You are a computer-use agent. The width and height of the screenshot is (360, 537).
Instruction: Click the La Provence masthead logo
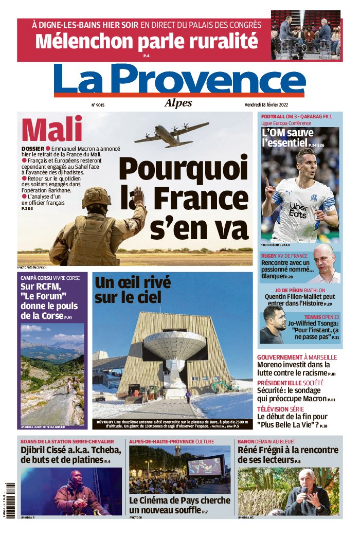179,80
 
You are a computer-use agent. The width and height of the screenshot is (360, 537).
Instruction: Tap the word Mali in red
52,129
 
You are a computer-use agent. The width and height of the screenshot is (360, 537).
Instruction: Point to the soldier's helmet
96,196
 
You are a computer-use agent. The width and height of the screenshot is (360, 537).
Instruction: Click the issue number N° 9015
98,105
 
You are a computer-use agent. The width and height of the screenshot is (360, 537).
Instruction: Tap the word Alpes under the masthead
178,103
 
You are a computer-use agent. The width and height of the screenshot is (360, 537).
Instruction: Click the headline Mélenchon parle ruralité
146,40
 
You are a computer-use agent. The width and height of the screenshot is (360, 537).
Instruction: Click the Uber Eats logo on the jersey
298,210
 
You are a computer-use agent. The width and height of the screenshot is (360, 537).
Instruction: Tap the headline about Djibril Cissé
71,454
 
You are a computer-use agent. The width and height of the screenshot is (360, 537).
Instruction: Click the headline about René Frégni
288,454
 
